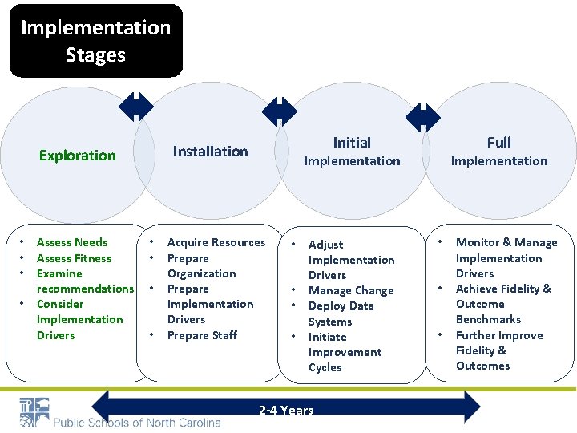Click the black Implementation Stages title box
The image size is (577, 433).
pos(95,41)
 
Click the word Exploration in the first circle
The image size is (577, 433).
pos(78,156)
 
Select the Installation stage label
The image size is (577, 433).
pos(211,151)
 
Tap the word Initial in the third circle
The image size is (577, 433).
pos(352,143)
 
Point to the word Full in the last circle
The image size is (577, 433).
pos(498,143)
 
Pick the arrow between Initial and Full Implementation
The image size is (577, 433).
pos(422,117)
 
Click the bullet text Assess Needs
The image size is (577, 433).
pos(72,242)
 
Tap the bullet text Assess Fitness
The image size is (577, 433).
pos(75,258)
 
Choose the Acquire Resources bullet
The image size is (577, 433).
pos(216,242)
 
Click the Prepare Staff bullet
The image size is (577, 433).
pos(202,335)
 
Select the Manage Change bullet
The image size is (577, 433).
pos(351,291)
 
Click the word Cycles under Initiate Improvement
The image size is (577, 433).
pos(325,367)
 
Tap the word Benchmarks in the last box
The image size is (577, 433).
pos(488,319)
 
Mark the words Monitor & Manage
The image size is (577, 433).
pos(506,242)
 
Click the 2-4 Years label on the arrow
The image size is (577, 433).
pos(286,411)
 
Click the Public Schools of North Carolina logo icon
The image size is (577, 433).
pos(34,412)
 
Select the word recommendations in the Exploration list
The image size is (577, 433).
pos(85,289)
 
